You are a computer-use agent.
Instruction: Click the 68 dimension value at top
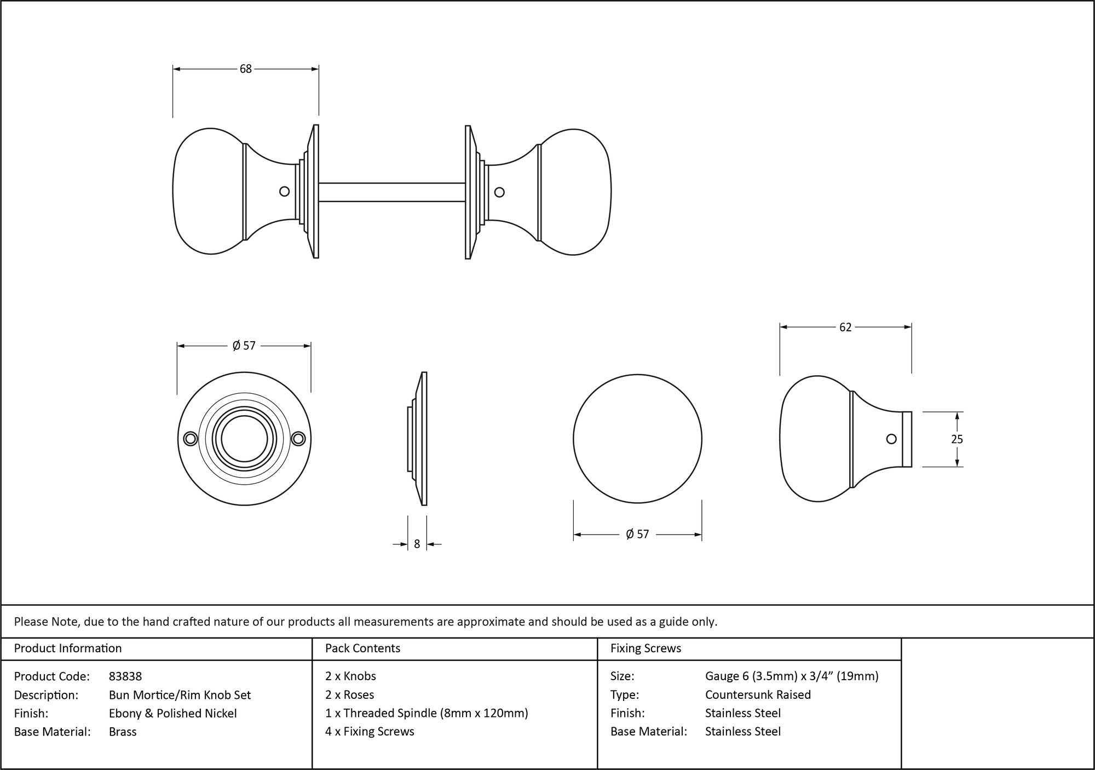click(245, 69)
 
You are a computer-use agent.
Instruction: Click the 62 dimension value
click(845, 327)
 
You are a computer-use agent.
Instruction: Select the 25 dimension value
click(956, 439)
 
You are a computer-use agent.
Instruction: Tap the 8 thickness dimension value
click(417, 544)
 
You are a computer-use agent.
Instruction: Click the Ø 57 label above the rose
click(244, 346)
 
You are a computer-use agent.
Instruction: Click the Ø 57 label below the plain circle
click(637, 534)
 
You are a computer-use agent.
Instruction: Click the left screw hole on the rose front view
click(191, 439)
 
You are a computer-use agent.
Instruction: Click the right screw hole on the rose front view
click(298, 439)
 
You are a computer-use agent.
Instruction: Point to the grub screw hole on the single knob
click(891, 439)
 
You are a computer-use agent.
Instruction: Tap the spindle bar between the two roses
click(391, 192)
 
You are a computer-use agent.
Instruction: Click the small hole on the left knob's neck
click(284, 191)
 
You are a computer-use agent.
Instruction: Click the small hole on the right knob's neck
click(499, 192)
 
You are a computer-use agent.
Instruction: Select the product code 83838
click(125, 676)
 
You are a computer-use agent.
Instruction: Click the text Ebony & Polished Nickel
click(172, 713)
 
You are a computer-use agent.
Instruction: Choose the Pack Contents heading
click(362, 648)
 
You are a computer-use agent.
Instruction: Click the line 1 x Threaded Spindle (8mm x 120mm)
click(427, 713)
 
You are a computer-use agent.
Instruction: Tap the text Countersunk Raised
click(758, 694)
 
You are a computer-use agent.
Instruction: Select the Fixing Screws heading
click(646, 648)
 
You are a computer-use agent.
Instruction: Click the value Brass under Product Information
click(123, 732)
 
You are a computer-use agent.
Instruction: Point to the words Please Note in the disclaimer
click(47, 622)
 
